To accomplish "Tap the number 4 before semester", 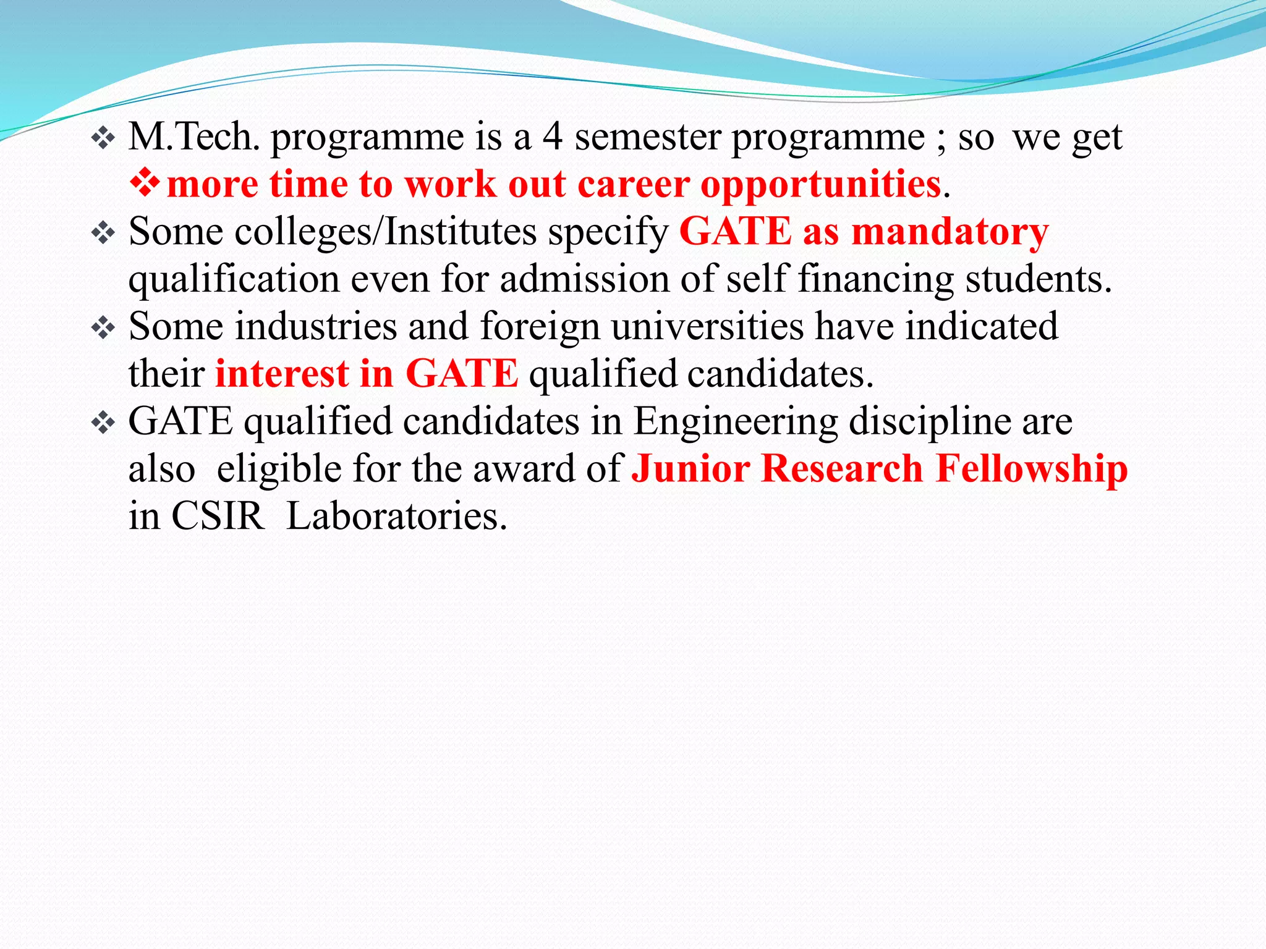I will point(552,137).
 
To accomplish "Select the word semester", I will point(648,137).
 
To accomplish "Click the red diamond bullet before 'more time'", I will point(145,183).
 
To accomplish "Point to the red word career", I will point(633,184).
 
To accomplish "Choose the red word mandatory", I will point(949,233).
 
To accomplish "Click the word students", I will point(1039,279).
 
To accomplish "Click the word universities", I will point(708,326).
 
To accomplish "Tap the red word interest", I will point(282,374).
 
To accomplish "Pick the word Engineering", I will point(736,423).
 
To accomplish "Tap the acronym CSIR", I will point(217,516).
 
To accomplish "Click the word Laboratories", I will point(397,516).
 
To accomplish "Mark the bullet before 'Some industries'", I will point(103,327).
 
